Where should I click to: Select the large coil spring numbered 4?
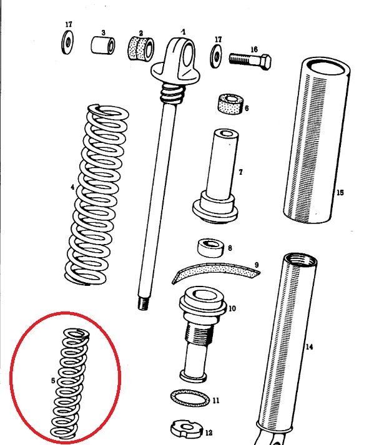click(97, 195)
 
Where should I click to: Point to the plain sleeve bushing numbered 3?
click(103, 46)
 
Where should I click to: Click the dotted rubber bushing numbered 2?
click(141, 48)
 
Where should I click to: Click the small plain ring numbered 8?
click(210, 248)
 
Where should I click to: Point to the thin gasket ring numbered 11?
click(190, 398)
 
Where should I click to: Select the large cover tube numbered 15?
click(317, 140)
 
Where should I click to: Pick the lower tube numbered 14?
click(287, 346)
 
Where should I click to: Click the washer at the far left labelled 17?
click(67, 42)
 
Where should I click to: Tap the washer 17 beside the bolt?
click(216, 56)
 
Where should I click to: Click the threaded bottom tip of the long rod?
click(144, 303)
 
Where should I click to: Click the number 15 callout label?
click(340, 193)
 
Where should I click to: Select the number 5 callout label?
click(53, 381)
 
